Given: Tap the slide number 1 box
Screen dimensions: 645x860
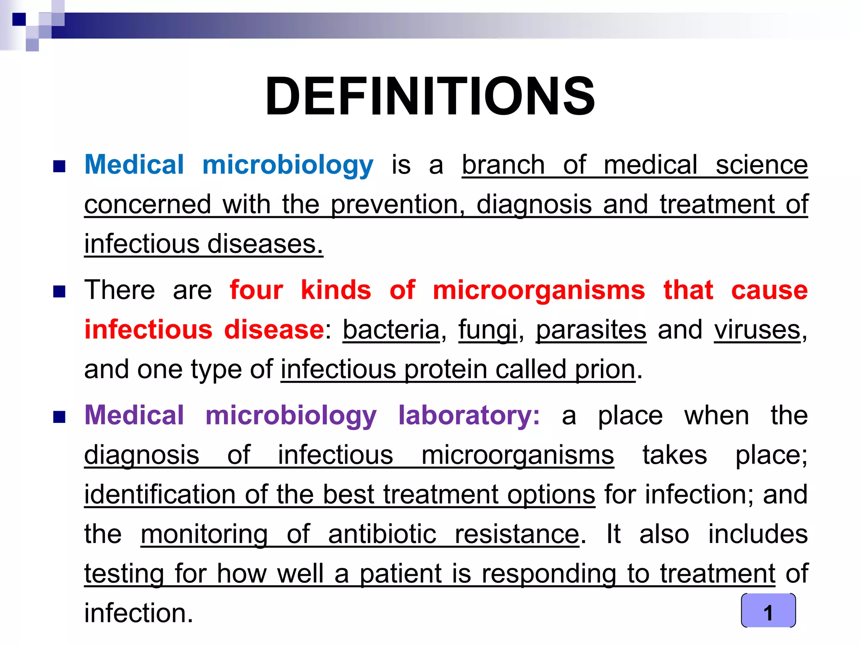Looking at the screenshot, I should coord(768,611).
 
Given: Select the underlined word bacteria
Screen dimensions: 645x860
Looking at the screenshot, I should coord(391,330).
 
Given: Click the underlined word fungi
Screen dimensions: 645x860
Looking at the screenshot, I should coord(488,330).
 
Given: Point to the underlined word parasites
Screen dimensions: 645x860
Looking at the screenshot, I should coord(591,330).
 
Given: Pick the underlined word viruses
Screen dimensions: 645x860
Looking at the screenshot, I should coord(758,330).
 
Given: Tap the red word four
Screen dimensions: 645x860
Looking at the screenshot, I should coord(256,290).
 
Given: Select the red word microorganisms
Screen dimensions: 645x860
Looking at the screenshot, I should coord(539,290).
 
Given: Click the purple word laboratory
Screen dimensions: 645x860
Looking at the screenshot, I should coord(469,416).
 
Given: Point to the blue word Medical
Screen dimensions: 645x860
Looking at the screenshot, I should coord(134,165).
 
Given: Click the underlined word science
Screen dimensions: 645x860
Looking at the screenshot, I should coord(762,165).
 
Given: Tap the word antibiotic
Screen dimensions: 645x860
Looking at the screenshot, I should coord(382,535).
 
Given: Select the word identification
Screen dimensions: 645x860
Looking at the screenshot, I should coord(160,495).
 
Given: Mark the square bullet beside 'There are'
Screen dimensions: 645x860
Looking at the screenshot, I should coord(59,291).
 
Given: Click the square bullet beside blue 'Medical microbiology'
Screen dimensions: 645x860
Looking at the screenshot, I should coord(59,166).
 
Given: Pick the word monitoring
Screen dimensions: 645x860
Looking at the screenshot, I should coord(204,535).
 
